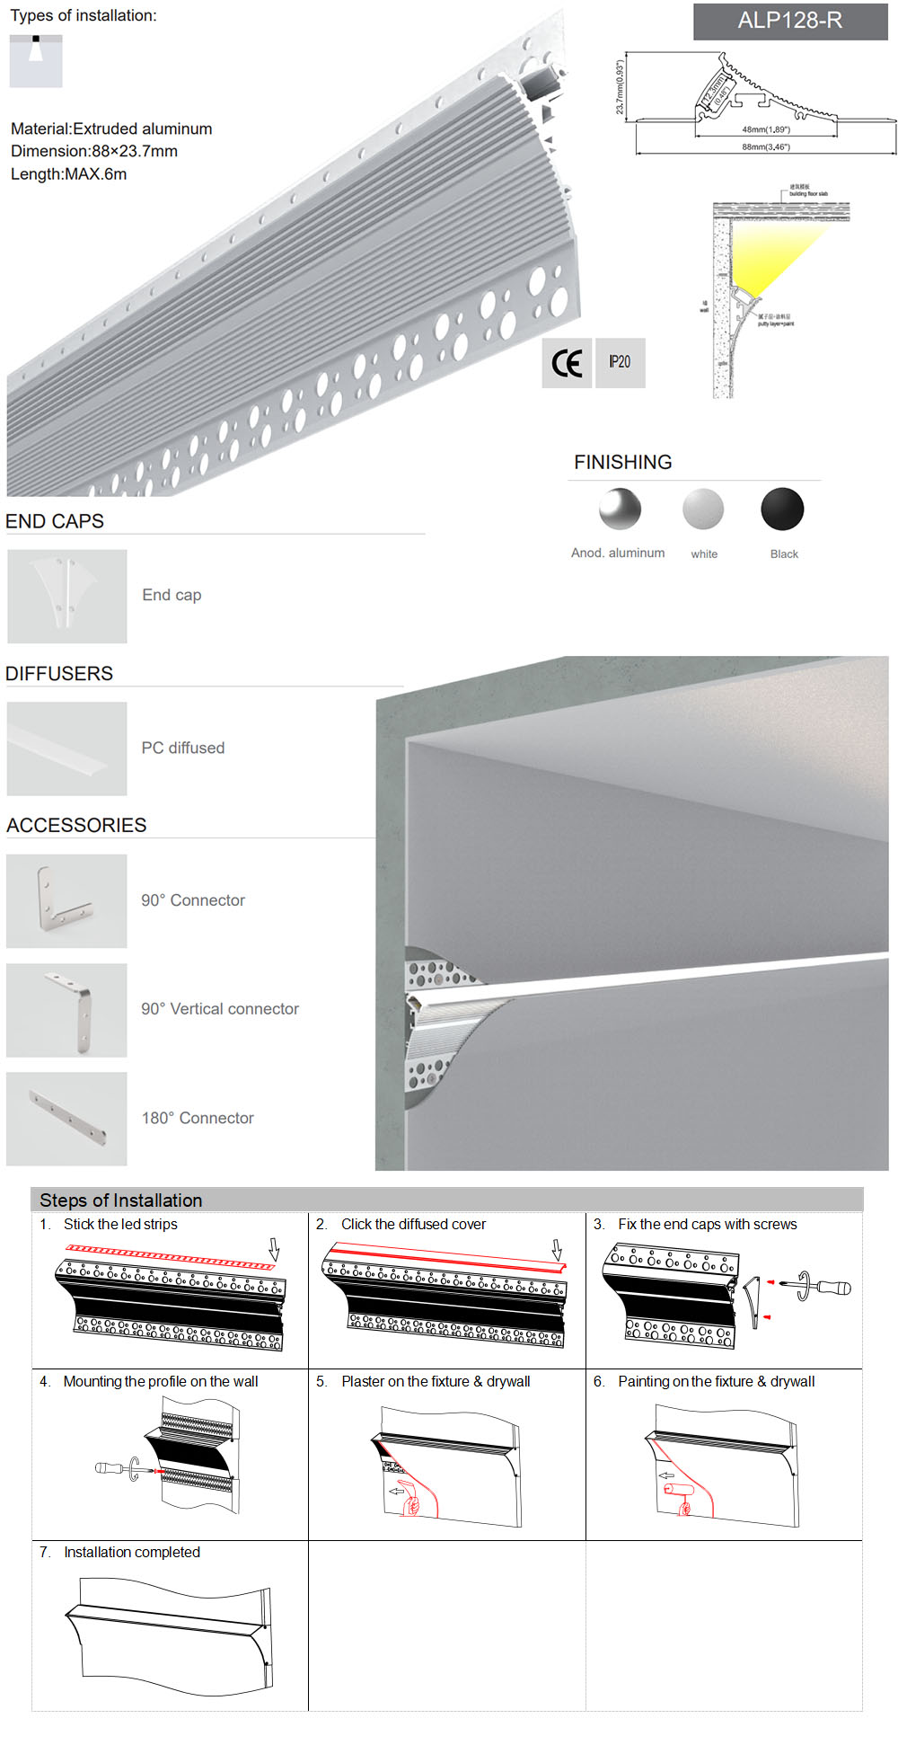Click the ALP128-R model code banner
click(790, 21)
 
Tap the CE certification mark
click(567, 363)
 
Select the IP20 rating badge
click(620, 362)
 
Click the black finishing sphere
click(782, 509)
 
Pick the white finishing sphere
click(703, 509)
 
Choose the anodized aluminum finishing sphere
click(620, 509)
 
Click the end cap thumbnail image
click(67, 596)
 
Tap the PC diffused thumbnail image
click(67, 748)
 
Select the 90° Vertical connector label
click(220, 1009)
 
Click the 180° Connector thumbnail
click(67, 1119)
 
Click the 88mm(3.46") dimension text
click(766, 146)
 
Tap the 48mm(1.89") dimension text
click(766, 129)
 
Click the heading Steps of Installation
click(121, 1200)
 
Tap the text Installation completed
click(132, 1552)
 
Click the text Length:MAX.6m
click(69, 174)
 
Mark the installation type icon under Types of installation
click(36, 61)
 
